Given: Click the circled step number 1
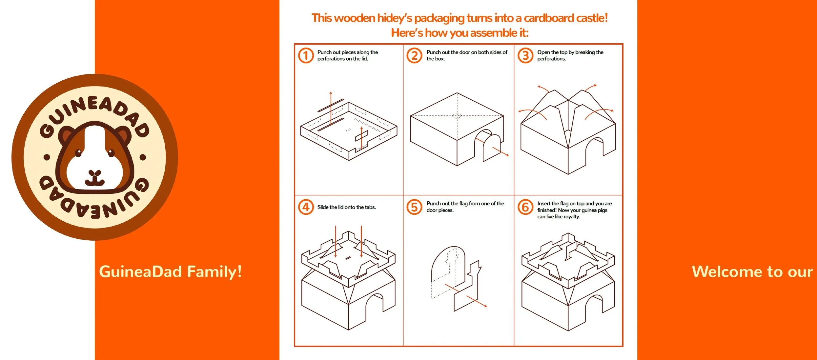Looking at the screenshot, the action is pos(306,55).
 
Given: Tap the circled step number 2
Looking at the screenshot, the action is pos(414,55).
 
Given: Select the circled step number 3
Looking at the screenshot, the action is pos(525,55).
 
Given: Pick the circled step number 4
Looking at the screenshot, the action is pos(306,207).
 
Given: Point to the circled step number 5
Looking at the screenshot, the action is pos(414,207).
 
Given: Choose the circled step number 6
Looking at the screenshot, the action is pos(525,207).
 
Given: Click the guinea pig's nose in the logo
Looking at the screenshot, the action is pos(95,173).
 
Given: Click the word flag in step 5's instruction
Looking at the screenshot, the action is pos(463,204).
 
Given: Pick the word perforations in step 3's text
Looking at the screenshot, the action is pos(551,59).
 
